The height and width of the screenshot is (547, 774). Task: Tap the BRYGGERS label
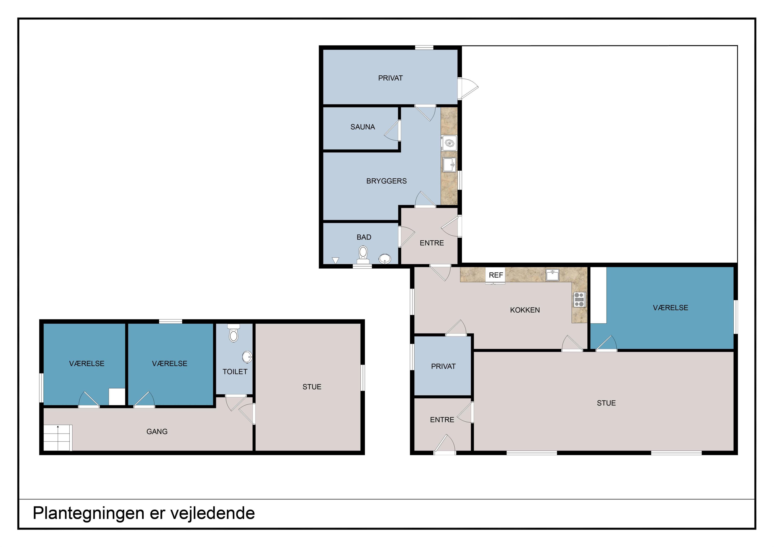386,181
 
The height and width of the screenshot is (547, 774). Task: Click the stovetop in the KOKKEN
579,300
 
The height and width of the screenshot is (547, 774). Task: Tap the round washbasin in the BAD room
385,259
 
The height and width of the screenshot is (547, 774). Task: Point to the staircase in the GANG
58,438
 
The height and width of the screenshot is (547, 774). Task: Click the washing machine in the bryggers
449,143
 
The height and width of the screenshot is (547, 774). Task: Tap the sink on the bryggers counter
449,165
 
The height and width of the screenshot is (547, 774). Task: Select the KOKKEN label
525,310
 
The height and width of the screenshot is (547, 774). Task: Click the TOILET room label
235,372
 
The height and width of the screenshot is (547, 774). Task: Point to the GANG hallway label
157,432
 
